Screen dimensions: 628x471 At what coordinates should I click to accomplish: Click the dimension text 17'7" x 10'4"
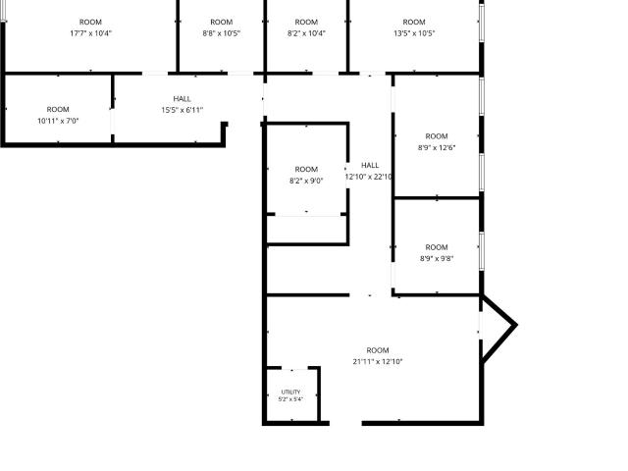click(x=90, y=33)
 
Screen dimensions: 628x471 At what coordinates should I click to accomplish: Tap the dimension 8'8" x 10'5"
click(x=222, y=33)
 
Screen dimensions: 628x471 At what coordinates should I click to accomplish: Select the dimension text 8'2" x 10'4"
click(x=306, y=33)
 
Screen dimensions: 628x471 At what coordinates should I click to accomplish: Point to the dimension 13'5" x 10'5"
click(x=414, y=33)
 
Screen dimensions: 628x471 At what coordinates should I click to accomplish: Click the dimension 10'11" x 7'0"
click(x=58, y=121)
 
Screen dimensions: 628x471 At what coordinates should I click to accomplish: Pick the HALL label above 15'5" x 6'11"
click(x=183, y=98)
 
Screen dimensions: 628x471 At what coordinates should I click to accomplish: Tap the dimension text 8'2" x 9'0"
click(x=306, y=181)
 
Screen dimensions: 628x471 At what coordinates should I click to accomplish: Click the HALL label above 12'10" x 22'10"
click(x=370, y=165)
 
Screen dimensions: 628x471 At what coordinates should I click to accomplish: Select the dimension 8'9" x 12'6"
click(x=437, y=147)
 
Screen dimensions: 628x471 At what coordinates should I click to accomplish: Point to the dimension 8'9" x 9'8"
click(x=437, y=258)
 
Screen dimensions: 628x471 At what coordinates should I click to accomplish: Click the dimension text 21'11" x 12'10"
click(x=378, y=361)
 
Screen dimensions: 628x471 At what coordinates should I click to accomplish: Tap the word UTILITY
click(x=290, y=392)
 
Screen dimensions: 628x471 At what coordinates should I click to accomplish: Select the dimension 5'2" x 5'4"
click(x=290, y=399)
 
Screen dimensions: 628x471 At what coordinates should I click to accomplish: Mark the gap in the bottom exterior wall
click(x=345, y=423)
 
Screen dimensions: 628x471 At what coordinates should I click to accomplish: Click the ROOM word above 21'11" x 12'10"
click(x=378, y=350)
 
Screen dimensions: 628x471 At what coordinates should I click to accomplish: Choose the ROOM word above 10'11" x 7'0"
click(x=58, y=109)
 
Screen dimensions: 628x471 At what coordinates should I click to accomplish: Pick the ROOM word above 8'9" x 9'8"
click(x=437, y=247)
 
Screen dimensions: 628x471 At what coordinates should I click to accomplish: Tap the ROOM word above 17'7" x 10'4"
click(x=90, y=22)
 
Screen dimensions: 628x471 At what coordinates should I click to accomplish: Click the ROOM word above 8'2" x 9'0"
click(x=306, y=170)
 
